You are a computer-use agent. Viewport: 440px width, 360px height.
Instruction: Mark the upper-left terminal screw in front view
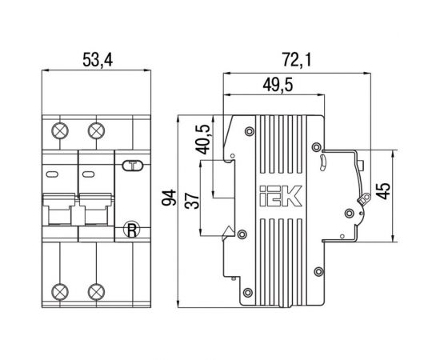(x=58, y=130)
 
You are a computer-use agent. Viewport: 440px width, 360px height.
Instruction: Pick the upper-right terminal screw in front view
(x=97, y=130)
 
